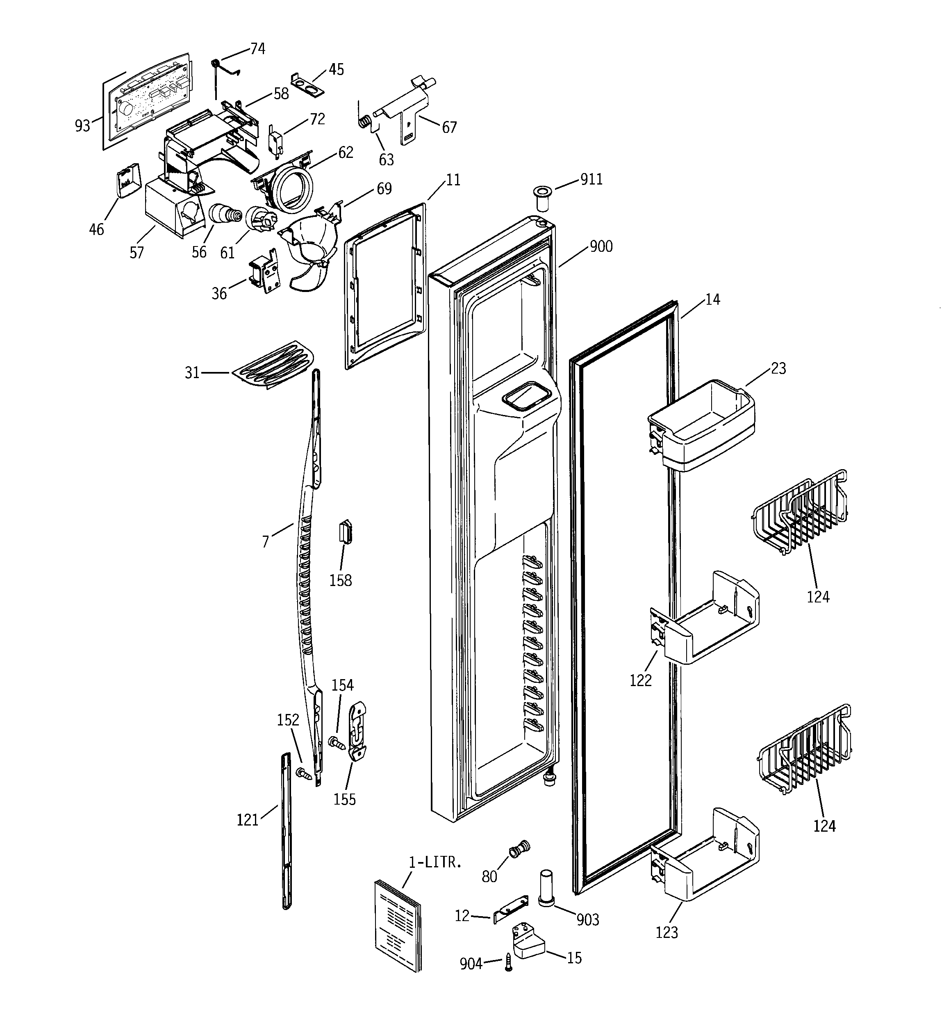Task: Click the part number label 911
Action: (591, 179)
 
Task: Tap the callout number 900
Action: (601, 246)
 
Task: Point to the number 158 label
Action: (341, 581)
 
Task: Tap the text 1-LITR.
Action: (435, 862)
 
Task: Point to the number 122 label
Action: (641, 681)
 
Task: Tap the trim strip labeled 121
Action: (286, 830)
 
